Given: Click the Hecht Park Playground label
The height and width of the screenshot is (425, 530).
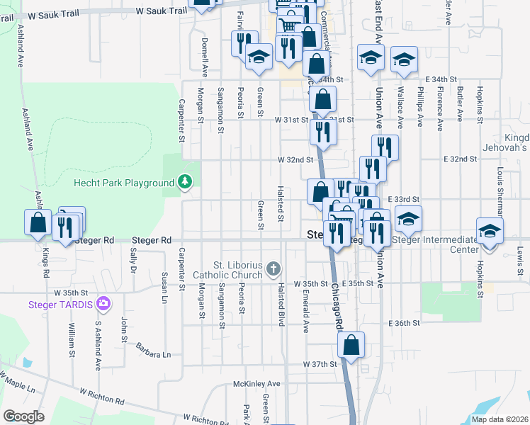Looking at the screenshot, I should pos(124,183).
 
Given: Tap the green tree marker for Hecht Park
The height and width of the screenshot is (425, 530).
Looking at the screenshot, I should pos(186,183).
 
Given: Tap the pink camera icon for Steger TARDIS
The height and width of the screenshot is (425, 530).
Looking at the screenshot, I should pos(104,305).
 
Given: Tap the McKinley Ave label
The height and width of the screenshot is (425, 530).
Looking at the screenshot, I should pos(257,384).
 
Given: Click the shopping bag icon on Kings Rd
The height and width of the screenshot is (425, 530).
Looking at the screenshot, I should pos(38,222).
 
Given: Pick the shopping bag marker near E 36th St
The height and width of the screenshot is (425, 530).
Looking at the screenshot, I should pos(351,346).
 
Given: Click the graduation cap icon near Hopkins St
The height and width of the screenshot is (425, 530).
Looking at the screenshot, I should pos(489,231).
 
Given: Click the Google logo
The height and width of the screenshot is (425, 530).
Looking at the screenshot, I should pos(23,416).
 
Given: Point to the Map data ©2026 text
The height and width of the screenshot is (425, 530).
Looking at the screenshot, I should pos(500,419).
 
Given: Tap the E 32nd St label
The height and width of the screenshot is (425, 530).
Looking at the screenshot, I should pos(460,159).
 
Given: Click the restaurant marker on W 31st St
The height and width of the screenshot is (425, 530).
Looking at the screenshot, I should pos(322,131).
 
